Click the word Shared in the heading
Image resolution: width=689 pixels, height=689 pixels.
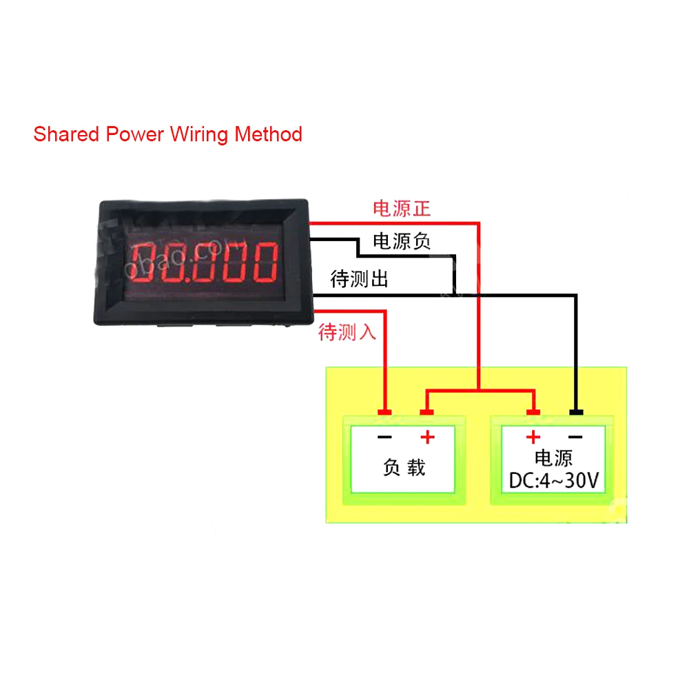[x=66, y=134]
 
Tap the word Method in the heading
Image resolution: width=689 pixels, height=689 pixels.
[x=268, y=134]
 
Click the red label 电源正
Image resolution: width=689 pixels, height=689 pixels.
[x=402, y=209]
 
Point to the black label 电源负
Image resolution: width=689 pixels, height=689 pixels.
[x=402, y=242]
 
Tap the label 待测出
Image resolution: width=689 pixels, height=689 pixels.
[x=360, y=279]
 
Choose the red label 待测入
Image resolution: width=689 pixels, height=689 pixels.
[x=347, y=333]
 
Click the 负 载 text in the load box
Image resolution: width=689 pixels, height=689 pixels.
[x=404, y=468]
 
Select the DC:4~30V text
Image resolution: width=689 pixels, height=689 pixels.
[x=553, y=480]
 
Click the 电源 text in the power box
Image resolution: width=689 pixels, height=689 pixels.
[x=553, y=458]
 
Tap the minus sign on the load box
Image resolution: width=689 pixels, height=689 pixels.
[x=384, y=438]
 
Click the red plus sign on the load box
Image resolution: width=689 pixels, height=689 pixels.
[x=428, y=438]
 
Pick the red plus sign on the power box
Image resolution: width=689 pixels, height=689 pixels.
[x=533, y=438]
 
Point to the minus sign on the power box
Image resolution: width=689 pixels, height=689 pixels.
[x=576, y=438]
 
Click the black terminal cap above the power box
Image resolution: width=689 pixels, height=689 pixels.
[x=576, y=413]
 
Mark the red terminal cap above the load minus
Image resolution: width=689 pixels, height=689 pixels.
[x=384, y=413]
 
